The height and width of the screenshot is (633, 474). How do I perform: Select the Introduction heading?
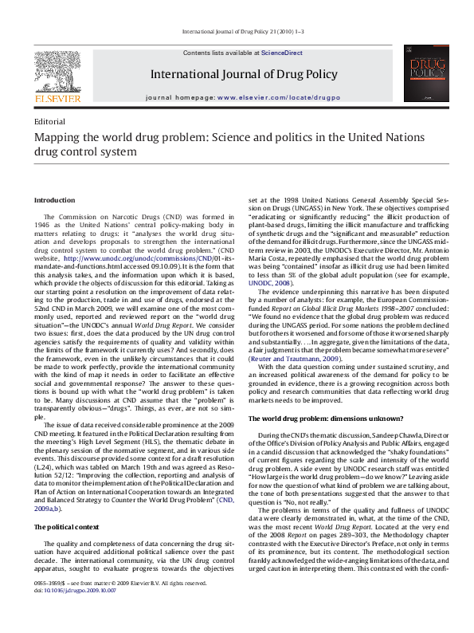[54, 200]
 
